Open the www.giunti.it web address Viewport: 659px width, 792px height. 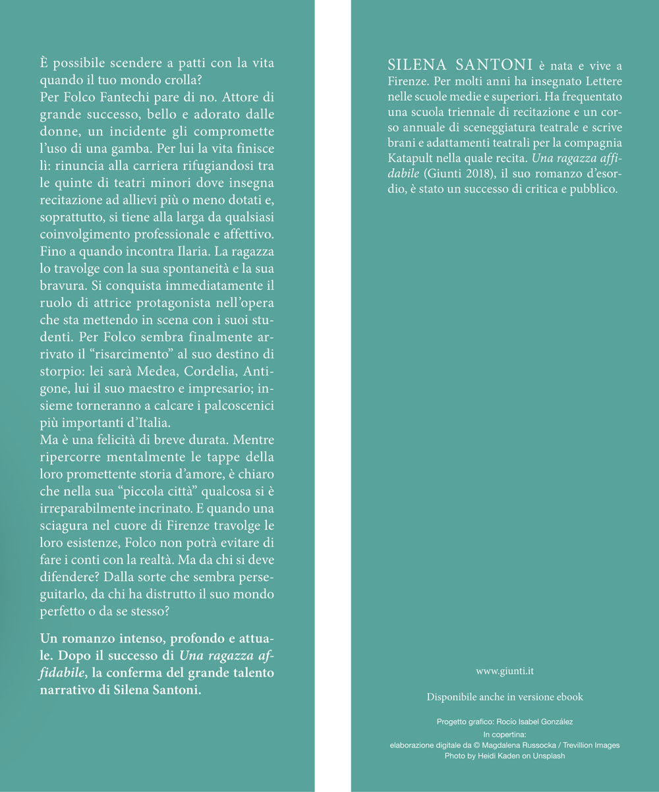point(505,671)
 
